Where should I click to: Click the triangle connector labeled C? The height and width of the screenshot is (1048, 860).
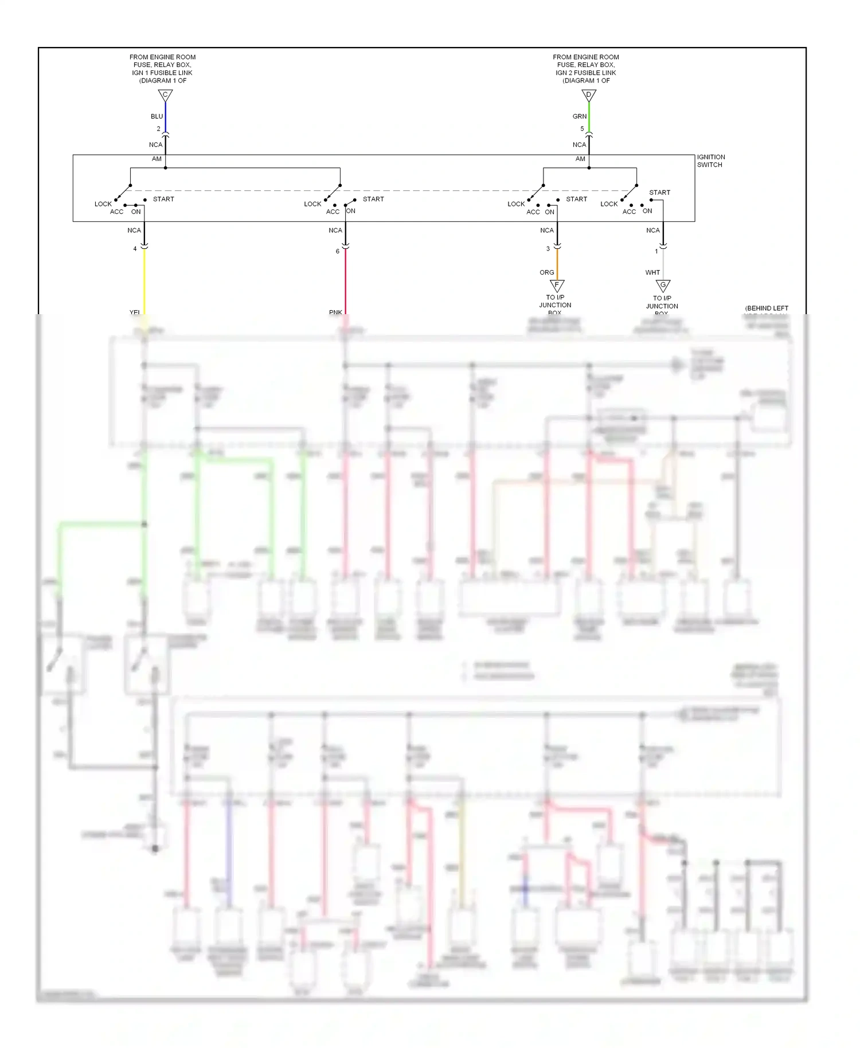pyautogui.click(x=165, y=95)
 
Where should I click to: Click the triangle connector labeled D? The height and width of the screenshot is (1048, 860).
pyautogui.click(x=589, y=95)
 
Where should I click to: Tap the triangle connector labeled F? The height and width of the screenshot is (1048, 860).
pyautogui.click(x=557, y=285)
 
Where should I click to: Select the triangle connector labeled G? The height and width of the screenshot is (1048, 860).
pyautogui.click(x=663, y=285)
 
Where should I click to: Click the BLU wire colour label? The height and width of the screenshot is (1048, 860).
pyautogui.click(x=157, y=116)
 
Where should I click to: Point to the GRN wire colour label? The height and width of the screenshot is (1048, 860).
pyautogui.click(x=579, y=116)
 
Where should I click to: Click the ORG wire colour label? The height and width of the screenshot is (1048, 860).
pyautogui.click(x=546, y=272)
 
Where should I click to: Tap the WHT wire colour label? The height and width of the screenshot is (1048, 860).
pyautogui.click(x=652, y=272)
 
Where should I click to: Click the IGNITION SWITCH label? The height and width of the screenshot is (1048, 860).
pyautogui.click(x=710, y=161)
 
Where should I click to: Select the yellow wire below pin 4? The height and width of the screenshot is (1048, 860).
pyautogui.click(x=144, y=281)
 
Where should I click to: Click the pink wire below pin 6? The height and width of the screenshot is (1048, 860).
pyautogui.click(x=345, y=281)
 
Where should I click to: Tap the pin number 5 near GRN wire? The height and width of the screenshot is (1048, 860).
pyautogui.click(x=582, y=129)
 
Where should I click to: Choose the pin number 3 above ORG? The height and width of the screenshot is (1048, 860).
pyautogui.click(x=548, y=249)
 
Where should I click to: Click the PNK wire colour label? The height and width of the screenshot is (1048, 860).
pyautogui.click(x=335, y=312)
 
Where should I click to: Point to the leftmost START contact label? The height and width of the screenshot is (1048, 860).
pyautogui.click(x=163, y=199)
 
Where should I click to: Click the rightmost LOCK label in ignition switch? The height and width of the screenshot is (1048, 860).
pyautogui.click(x=609, y=204)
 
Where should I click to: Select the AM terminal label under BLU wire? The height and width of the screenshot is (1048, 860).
pyautogui.click(x=157, y=159)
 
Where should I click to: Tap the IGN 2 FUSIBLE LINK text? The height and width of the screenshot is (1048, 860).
pyautogui.click(x=585, y=73)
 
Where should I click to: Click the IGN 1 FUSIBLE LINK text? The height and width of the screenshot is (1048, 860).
pyautogui.click(x=162, y=73)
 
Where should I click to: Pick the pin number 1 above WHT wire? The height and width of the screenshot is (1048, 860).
pyautogui.click(x=656, y=251)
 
